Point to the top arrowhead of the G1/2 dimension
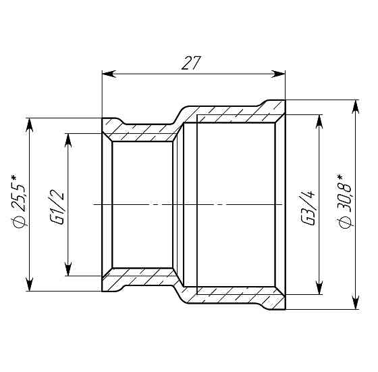pyautogui.click(x=67, y=137)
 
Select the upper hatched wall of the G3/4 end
pyautogui.click(x=233, y=112)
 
